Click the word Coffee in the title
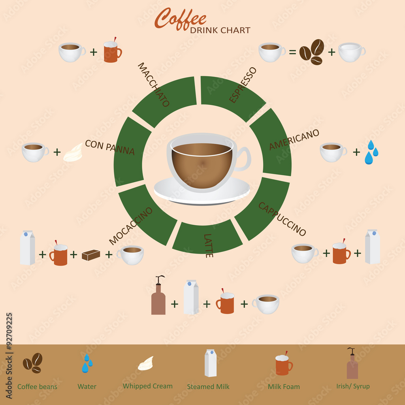pos(181,19)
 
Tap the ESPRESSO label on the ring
pos(243,85)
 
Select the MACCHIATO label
pos(153,85)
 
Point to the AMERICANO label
pos(294,139)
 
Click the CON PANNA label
pos(110,147)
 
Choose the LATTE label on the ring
pos(208,246)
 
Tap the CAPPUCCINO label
pos(282,219)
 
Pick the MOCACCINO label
pos(130,226)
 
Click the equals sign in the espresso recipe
pos(292,52)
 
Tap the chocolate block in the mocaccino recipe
pos(91,255)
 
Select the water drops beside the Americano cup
pos(371,152)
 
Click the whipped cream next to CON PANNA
pos(73,153)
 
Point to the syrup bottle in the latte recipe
pos(158,295)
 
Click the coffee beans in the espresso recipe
pos(312,52)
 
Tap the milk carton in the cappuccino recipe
pos(373,247)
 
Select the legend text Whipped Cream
pos(148,386)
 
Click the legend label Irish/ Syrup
pos(353,386)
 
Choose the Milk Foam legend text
pos(284,387)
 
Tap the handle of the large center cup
pos(244,159)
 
